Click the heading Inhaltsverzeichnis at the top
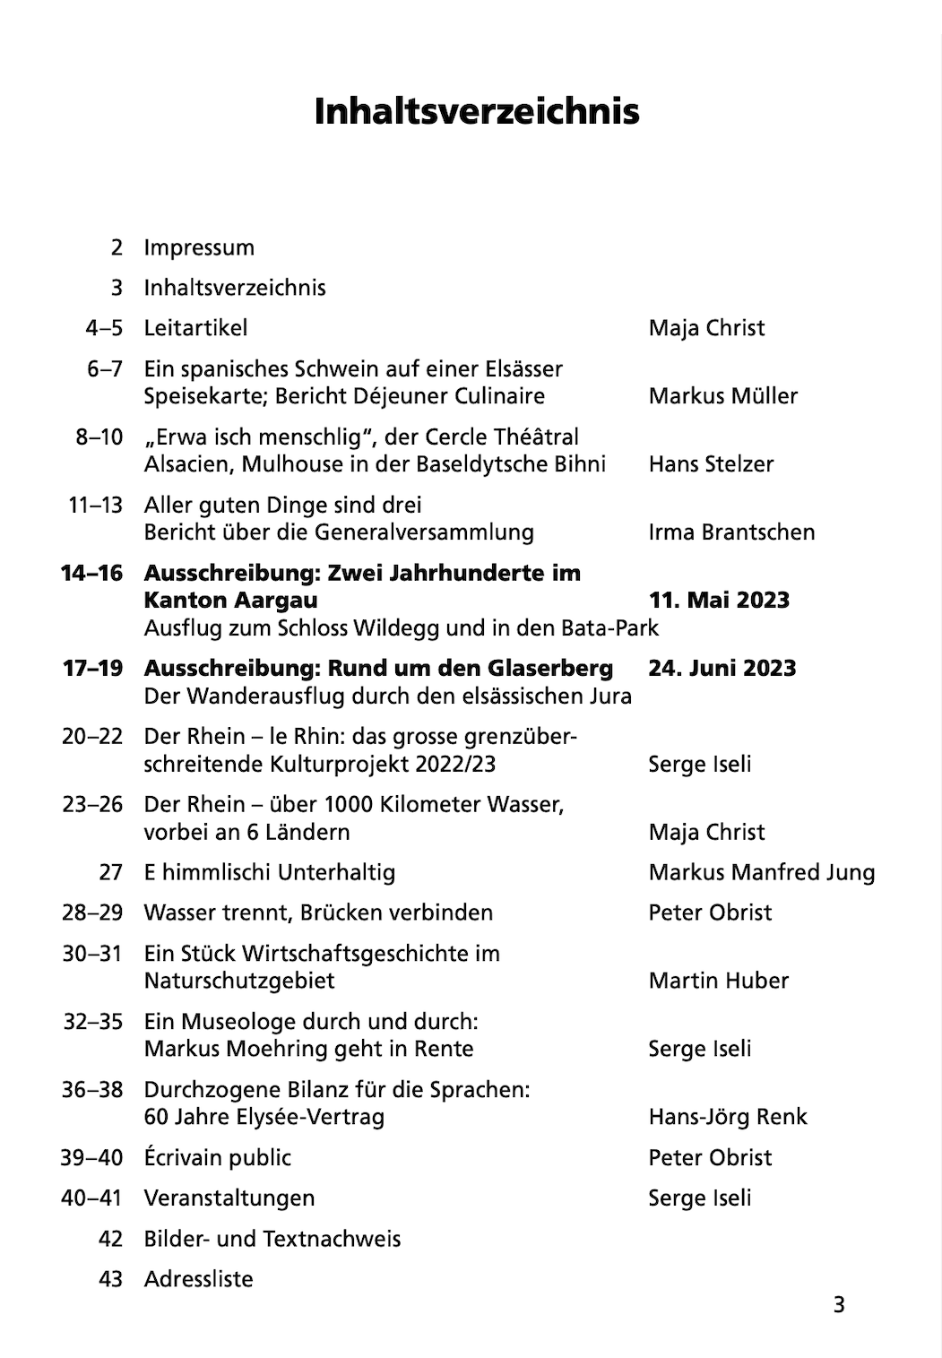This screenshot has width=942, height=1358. click(477, 111)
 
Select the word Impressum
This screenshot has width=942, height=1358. click(199, 247)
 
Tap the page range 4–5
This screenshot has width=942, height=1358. click(104, 328)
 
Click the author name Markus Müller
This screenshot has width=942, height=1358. click(722, 396)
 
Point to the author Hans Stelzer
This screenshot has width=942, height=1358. click(711, 464)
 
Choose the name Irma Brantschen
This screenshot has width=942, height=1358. click(731, 532)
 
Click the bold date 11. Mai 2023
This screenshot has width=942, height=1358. click(719, 601)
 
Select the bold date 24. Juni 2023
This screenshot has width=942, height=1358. click(722, 669)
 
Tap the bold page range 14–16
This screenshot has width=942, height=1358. click(91, 573)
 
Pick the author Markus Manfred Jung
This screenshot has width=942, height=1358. click(762, 872)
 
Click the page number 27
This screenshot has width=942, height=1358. click(110, 872)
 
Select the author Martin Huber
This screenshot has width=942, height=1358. click(718, 981)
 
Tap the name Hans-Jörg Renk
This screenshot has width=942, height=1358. click(728, 1117)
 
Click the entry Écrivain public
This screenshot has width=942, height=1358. click(218, 1158)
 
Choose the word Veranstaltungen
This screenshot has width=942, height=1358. click(229, 1198)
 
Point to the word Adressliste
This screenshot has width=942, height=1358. click(198, 1279)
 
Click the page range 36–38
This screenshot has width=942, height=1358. click(91, 1090)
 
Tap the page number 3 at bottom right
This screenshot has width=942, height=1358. click(839, 1305)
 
